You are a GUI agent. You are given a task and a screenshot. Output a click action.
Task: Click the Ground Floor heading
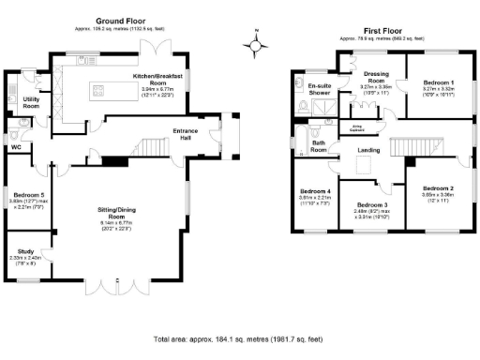tap(122, 20)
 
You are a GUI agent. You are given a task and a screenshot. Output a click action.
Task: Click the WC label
tap(16, 147)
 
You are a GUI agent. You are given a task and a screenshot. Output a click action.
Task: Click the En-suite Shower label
tap(322, 89)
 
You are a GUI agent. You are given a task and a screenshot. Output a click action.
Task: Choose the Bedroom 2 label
tap(437, 190)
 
